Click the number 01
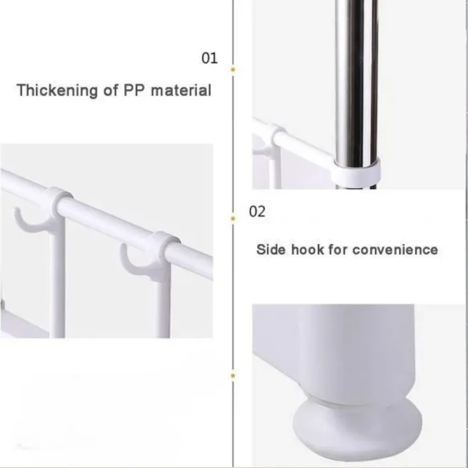pos(210,58)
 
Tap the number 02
pos(257,212)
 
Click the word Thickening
pos(57,90)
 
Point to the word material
pos(181,90)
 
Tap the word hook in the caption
pos(307,249)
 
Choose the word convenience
pos(395,250)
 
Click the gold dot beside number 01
pos(233,70)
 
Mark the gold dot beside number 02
pos(233,219)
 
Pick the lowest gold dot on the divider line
pos(233,376)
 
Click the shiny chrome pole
pos(356,80)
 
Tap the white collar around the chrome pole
pos(357,173)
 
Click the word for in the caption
pos(338,249)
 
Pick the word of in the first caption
pos(110,90)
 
